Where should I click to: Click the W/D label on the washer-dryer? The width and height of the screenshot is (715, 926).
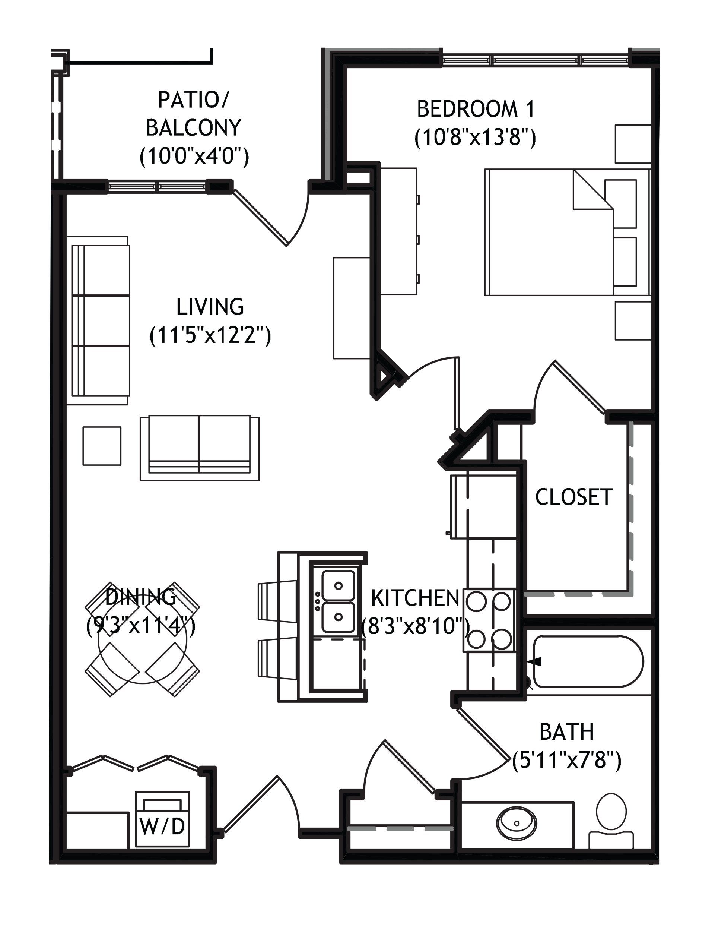pyautogui.click(x=162, y=827)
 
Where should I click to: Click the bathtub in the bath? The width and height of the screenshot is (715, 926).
pyautogui.click(x=588, y=661)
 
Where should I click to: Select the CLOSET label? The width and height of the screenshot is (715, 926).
pyautogui.click(x=574, y=497)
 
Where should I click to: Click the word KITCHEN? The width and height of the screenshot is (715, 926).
pyautogui.click(x=415, y=598)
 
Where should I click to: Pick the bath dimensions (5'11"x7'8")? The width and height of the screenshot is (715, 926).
pyautogui.click(x=567, y=760)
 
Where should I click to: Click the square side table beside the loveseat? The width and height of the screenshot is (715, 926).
pyautogui.click(x=102, y=446)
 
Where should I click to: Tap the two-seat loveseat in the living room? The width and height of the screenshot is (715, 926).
pyautogui.click(x=200, y=448)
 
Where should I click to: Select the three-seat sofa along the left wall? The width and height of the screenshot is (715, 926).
pyautogui.click(x=101, y=320)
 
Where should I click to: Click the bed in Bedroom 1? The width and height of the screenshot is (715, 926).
pyautogui.click(x=568, y=232)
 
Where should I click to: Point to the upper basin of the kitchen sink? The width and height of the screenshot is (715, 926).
pyautogui.click(x=338, y=585)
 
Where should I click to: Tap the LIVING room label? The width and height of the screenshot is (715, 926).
pyautogui.click(x=210, y=307)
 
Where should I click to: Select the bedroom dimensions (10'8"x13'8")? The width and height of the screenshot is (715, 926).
pyautogui.click(x=475, y=138)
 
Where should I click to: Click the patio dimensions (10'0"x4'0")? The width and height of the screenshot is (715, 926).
pyautogui.click(x=194, y=157)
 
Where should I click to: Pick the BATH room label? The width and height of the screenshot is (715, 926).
pyautogui.click(x=567, y=731)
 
